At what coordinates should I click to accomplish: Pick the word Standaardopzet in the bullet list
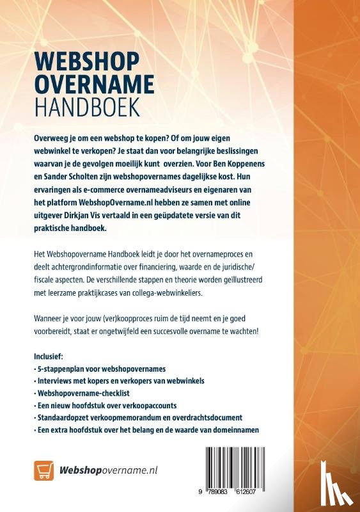(65, 418)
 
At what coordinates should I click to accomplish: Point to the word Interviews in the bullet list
(55, 381)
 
